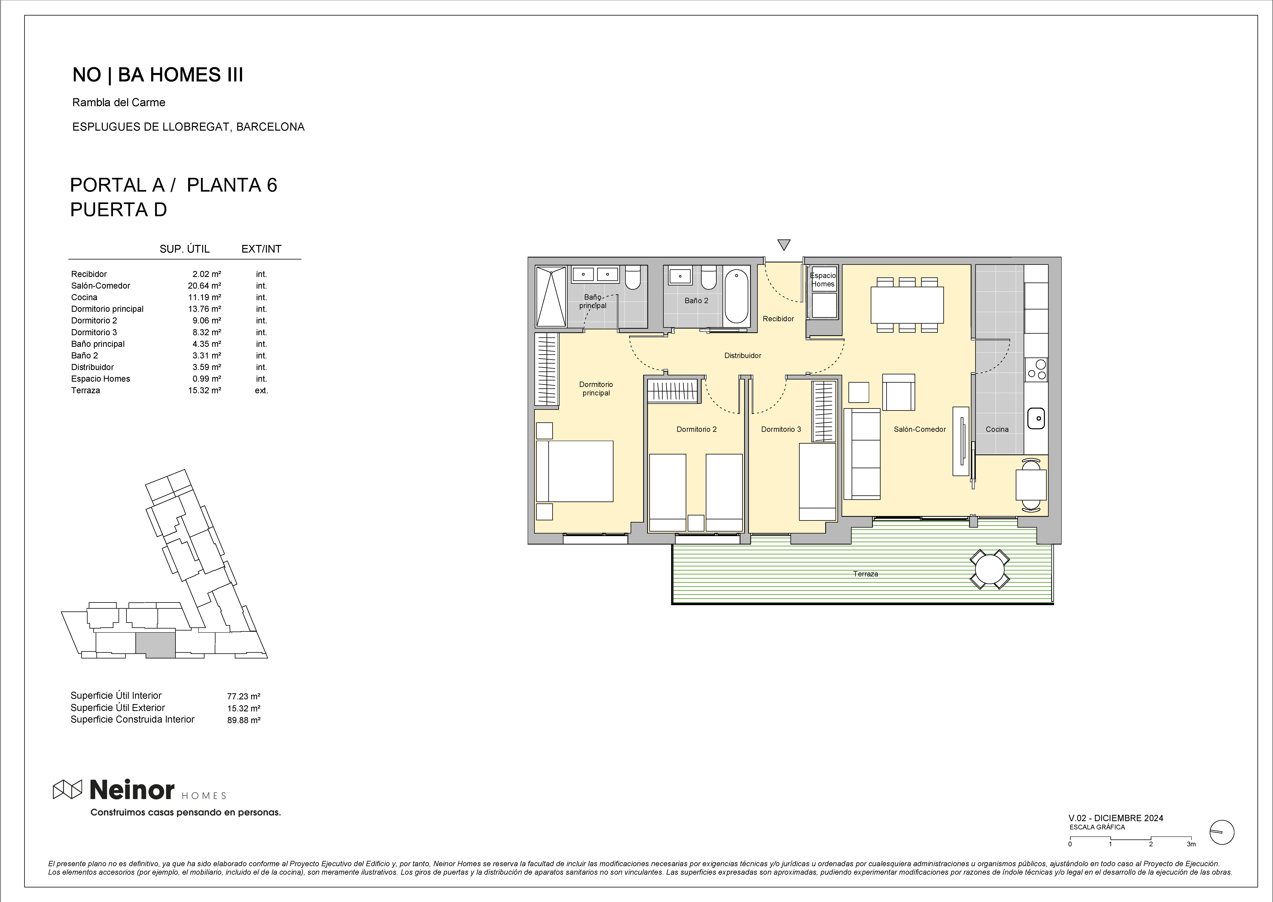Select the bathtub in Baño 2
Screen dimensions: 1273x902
(736, 296)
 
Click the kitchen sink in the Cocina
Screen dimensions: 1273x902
(1036, 418)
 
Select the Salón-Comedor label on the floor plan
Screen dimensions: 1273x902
(920, 429)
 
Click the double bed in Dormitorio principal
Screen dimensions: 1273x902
(575, 471)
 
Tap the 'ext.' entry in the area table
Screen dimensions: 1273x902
(261, 391)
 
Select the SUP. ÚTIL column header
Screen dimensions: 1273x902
(184, 249)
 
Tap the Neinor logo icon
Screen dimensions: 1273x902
(67, 789)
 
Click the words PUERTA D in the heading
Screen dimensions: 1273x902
(118, 210)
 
